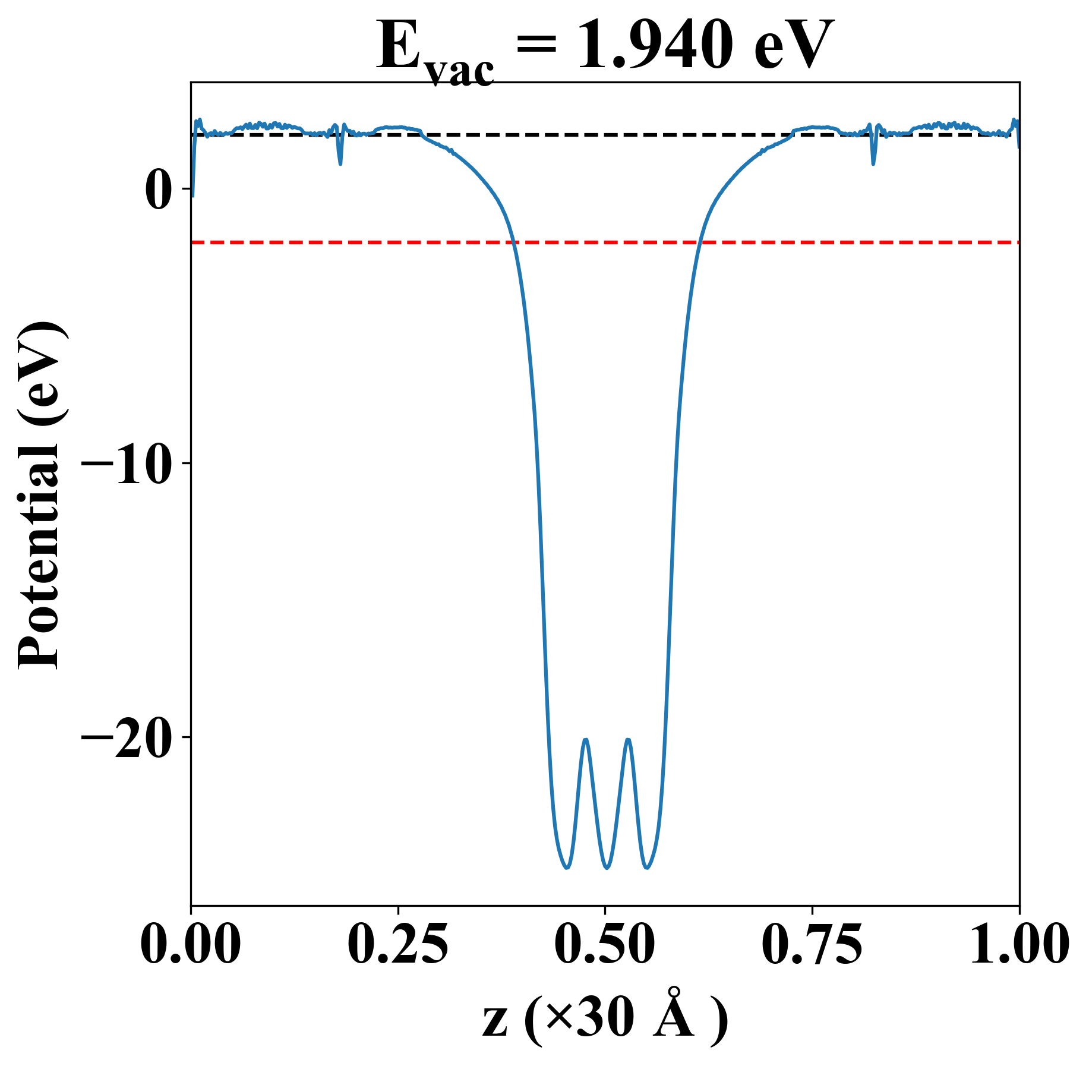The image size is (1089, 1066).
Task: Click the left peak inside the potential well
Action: pos(586,740)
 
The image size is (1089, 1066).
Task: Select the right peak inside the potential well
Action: pos(627,740)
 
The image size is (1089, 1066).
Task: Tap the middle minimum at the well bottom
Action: pos(607,868)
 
